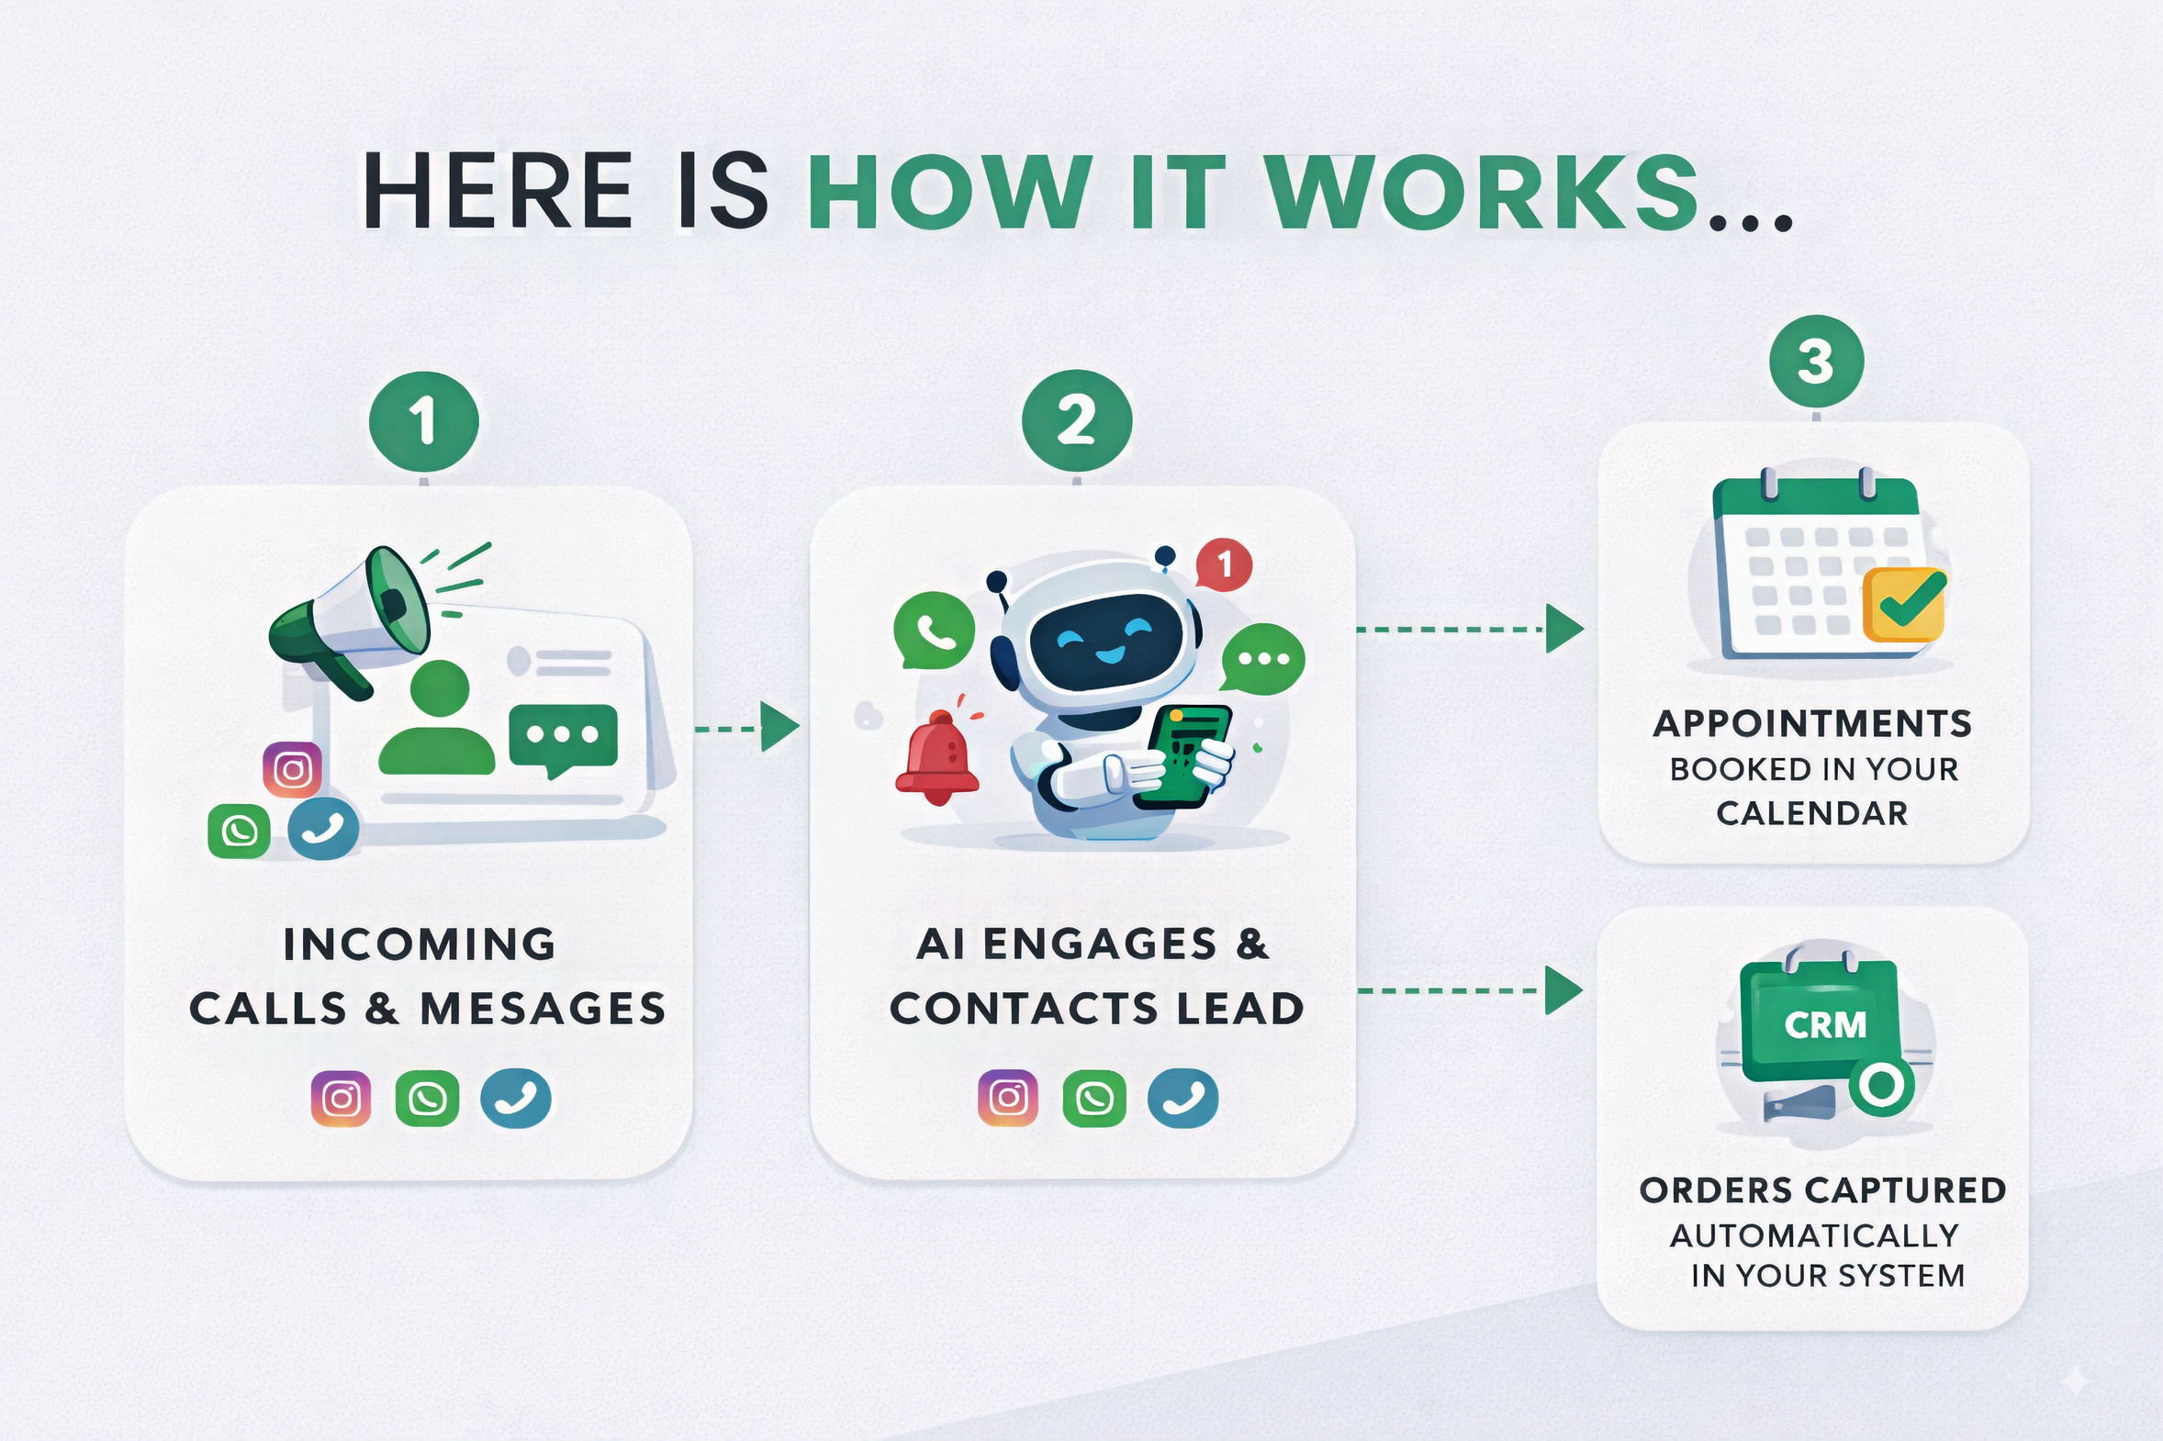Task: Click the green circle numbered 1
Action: [424, 422]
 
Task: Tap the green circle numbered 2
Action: [1076, 422]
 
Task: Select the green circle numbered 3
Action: [1816, 362]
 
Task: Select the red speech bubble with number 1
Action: [1224, 564]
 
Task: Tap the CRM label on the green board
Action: [1825, 1024]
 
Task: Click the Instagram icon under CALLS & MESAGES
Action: [341, 1099]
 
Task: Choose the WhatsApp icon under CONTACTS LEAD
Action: [1094, 1099]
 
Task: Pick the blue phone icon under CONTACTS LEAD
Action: [1183, 1099]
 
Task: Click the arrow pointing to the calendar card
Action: [1563, 630]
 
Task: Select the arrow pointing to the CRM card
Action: [1563, 990]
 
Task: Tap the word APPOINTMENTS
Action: [1812, 724]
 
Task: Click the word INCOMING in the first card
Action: [420, 944]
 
